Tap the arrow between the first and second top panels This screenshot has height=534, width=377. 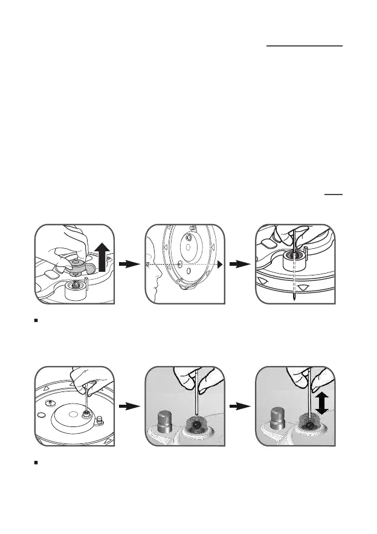[130, 264]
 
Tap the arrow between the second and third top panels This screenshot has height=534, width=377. [241, 264]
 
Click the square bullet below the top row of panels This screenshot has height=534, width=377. [37, 318]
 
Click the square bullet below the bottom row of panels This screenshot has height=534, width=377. [37, 462]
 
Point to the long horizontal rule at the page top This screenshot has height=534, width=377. [304, 45]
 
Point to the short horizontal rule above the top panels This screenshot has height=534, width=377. [333, 195]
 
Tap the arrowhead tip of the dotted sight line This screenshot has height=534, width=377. [221, 265]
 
